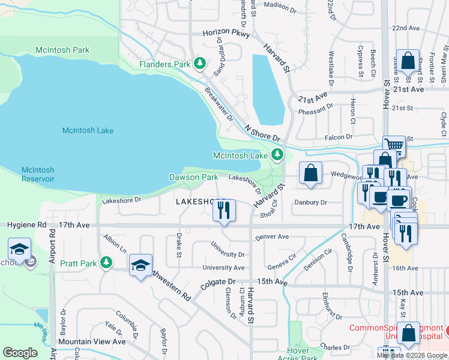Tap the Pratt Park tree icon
click(106, 263)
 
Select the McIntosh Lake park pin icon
click(277, 155)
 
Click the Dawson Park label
click(193, 178)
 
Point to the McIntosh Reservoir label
click(38, 175)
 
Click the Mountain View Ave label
click(92, 341)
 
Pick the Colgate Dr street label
click(218, 281)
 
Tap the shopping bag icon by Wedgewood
click(311, 173)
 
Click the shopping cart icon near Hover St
click(394, 145)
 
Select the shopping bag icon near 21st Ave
click(408, 61)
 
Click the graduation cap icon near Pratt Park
click(140, 265)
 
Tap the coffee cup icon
click(379, 197)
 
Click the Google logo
click(20, 353)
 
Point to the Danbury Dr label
click(310, 203)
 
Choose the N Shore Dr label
click(262, 133)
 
